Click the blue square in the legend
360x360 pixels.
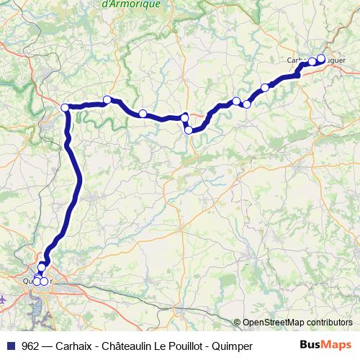tap(10, 346)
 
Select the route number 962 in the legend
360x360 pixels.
tap(30, 346)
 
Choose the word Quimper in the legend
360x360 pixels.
tap(233, 346)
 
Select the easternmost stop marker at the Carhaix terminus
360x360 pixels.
tap(321, 59)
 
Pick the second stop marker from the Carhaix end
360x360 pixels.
tap(311, 63)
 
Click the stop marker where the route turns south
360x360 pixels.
tap(66, 108)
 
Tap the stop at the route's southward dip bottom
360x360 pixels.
tap(189, 130)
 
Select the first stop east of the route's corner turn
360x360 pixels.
tap(107, 99)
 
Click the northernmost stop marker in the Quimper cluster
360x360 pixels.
tap(42, 267)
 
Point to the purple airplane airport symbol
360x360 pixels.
tap(4, 297)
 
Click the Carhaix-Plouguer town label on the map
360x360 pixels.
tap(306, 60)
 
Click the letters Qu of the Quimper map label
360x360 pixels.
tap(27, 281)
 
